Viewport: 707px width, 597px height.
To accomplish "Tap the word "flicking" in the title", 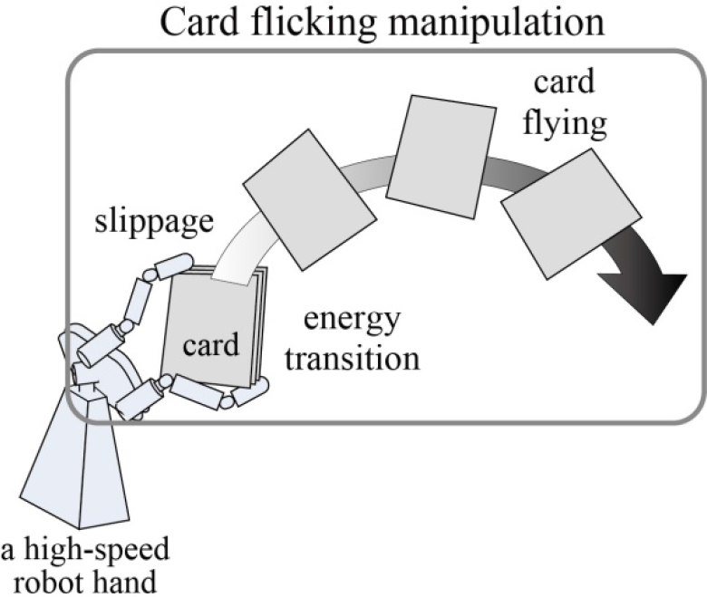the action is (x=311, y=24).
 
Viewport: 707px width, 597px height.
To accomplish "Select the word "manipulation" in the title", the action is (x=496, y=24).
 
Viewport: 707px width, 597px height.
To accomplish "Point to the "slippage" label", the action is (x=154, y=222).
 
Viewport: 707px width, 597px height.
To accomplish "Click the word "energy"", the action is (x=353, y=320).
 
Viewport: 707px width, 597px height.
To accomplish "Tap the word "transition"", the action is (x=353, y=359).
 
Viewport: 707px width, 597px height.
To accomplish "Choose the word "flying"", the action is (x=565, y=124).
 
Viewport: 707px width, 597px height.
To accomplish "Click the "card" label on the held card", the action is (x=210, y=345).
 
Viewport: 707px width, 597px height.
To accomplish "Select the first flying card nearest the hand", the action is (x=310, y=199).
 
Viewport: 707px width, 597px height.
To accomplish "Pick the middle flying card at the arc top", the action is (x=441, y=157).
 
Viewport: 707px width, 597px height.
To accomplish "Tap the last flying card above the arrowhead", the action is (x=571, y=214).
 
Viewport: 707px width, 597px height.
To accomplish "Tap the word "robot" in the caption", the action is (x=47, y=582).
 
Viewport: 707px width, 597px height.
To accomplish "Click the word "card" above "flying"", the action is (x=565, y=82).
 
